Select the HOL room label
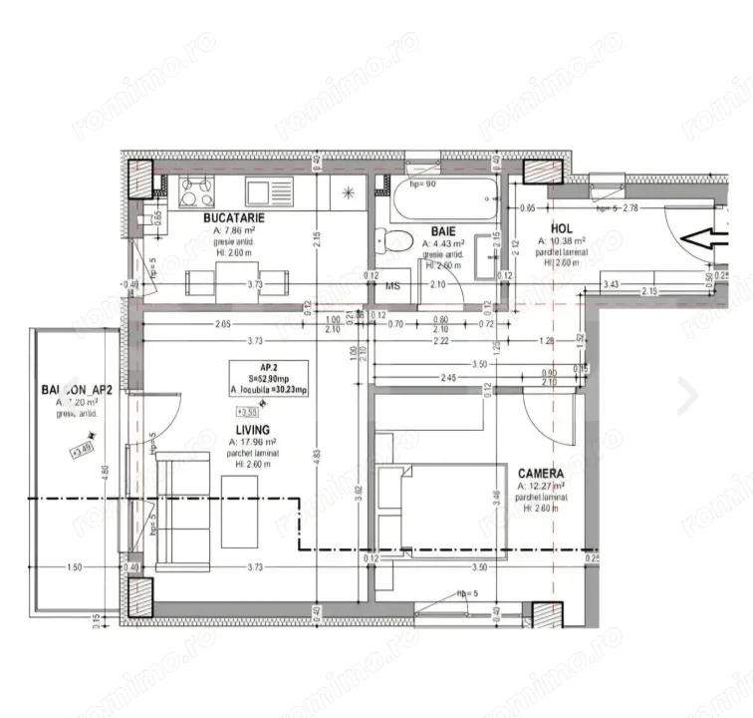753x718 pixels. [x=561, y=227]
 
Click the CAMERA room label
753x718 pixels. [x=541, y=474]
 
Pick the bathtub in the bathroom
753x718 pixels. [x=442, y=202]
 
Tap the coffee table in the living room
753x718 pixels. [x=239, y=510]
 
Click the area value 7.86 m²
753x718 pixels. [x=233, y=229]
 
